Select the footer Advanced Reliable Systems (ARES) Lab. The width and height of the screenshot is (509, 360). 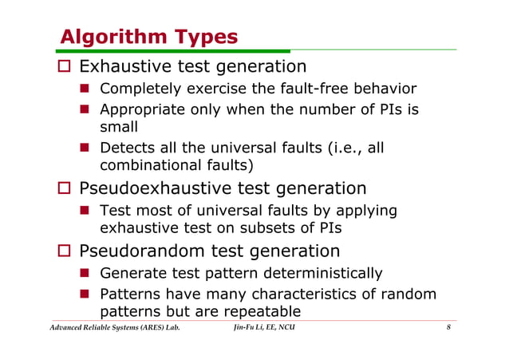110,328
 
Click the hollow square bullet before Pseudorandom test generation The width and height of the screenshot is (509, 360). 67,253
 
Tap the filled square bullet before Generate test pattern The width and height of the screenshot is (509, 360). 84,275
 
